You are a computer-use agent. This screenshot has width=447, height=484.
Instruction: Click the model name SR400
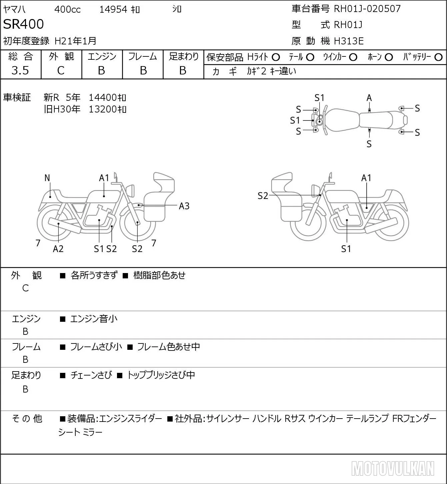pyautogui.click(x=23, y=24)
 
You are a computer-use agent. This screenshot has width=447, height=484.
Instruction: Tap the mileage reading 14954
pyautogui.click(x=113, y=9)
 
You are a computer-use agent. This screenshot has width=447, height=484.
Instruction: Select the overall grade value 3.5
pyautogui.click(x=20, y=70)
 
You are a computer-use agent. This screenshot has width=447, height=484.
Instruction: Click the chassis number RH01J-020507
pyautogui.click(x=367, y=9)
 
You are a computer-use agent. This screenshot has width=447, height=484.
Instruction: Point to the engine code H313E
pyautogui.click(x=349, y=41)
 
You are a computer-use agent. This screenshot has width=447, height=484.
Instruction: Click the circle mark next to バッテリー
pyautogui.click(x=438, y=57)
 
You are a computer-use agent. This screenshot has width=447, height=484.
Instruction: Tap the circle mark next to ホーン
pyautogui.click(x=389, y=57)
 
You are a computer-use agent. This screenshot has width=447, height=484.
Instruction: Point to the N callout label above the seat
pyautogui.click(x=47, y=178)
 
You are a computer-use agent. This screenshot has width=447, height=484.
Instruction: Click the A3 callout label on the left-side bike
pyautogui.click(x=184, y=206)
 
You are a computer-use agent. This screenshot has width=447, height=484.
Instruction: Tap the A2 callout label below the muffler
pyautogui.click(x=58, y=249)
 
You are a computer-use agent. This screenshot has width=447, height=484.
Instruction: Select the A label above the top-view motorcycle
pyautogui.click(x=369, y=98)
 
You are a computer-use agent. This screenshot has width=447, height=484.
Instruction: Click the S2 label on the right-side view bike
pyautogui.click(x=263, y=196)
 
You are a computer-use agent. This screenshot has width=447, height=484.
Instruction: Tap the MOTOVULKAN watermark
pyautogui.click(x=393, y=468)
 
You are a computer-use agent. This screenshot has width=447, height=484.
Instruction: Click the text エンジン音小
pyautogui.click(x=94, y=319)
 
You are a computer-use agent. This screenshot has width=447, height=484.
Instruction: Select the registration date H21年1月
pyautogui.click(x=75, y=41)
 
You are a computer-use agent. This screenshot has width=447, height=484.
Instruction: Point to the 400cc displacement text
pyautogui.click(x=67, y=9)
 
